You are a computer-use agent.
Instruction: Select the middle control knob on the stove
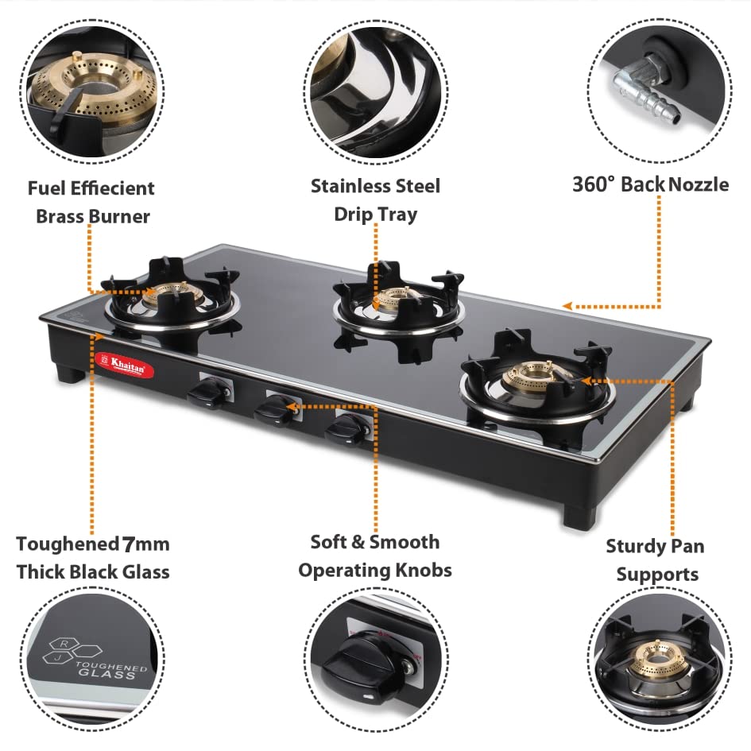pos(275,410)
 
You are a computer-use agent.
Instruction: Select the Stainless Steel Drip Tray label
pos(375,199)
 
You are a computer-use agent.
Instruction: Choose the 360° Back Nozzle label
pos(650,184)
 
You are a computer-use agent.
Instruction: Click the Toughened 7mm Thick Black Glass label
pos(93,557)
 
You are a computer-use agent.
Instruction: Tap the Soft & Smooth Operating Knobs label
pos(375,556)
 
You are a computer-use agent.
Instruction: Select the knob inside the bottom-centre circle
pos(371,660)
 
